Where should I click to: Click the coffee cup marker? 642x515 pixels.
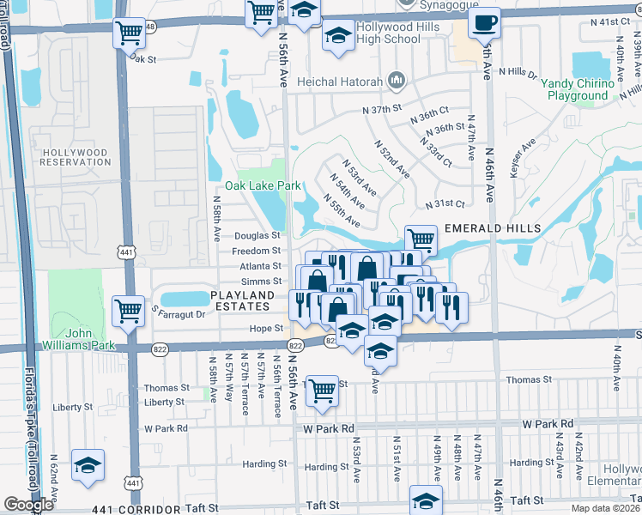point(485,22)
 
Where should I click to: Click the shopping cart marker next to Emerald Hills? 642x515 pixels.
point(421,239)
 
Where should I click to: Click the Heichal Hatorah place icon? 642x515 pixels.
point(396,81)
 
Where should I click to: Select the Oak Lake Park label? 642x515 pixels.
point(263,185)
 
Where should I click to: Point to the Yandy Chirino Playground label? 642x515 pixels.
point(578,89)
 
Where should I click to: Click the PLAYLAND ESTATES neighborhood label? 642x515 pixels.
point(243,301)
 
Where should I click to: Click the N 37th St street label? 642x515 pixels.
point(382,110)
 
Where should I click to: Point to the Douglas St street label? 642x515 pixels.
point(257,235)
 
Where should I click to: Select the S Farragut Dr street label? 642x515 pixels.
point(178,313)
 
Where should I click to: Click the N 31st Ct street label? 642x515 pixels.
point(445,204)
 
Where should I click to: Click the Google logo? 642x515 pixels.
point(28,505)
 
